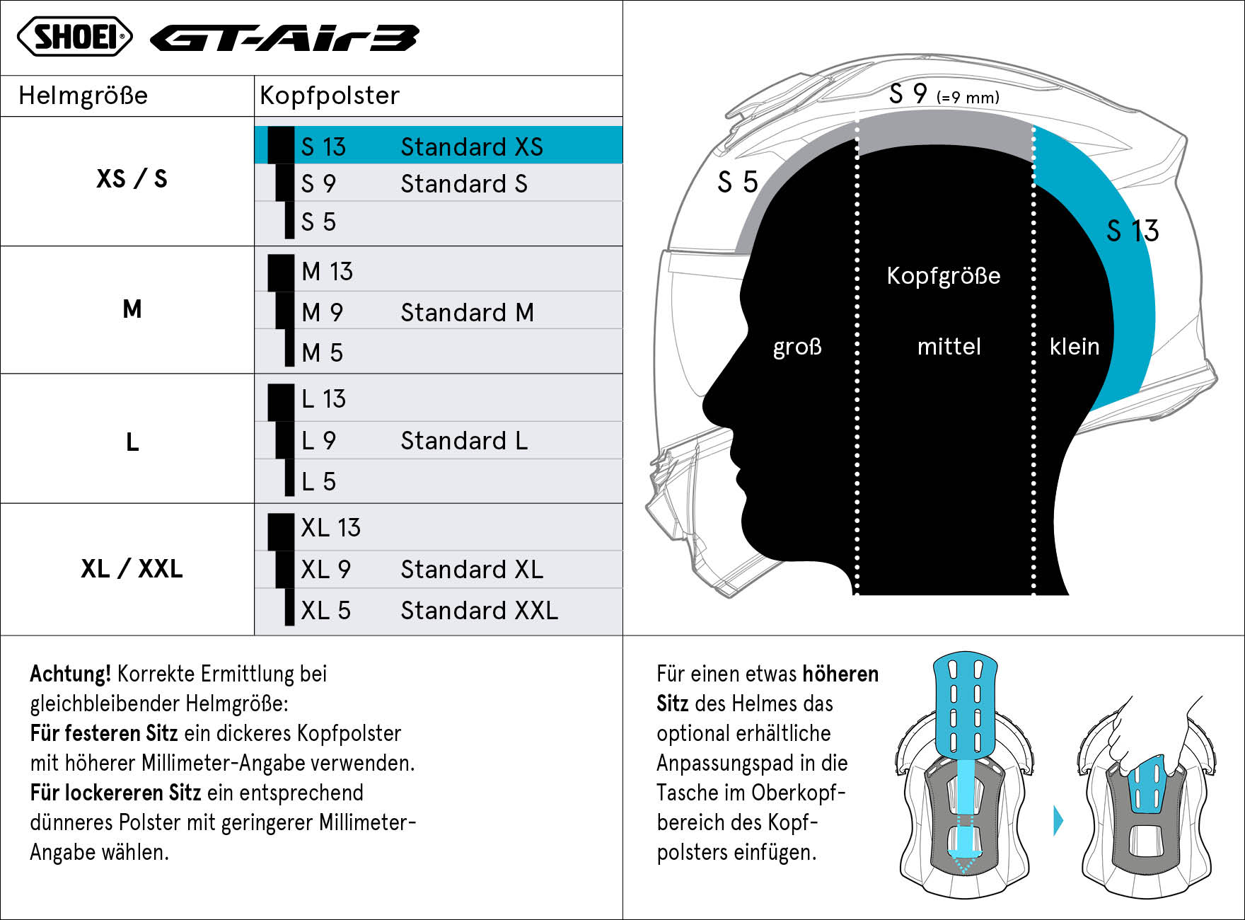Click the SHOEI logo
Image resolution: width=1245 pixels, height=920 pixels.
click(75, 37)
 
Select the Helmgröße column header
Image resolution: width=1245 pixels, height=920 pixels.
click(83, 96)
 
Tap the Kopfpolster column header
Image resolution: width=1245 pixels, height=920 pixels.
click(330, 96)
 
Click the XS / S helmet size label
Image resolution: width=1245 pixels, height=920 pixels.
click(132, 178)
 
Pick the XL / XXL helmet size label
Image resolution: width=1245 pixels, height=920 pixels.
click(132, 568)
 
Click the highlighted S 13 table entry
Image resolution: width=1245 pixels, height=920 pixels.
click(323, 146)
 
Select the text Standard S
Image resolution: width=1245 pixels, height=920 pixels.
click(464, 184)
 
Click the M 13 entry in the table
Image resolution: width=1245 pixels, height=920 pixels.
click(327, 271)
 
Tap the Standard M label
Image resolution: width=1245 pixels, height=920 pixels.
click(468, 312)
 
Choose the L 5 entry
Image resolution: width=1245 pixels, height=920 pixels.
click(318, 481)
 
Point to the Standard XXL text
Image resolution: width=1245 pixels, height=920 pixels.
click(480, 610)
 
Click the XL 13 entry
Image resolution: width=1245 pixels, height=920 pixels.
click(331, 527)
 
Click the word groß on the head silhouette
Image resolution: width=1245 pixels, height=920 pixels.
click(797, 347)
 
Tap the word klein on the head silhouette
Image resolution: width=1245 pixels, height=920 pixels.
click(1075, 346)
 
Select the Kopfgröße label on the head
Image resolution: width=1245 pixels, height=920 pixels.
click(944, 275)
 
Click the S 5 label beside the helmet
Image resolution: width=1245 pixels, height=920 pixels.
click(738, 182)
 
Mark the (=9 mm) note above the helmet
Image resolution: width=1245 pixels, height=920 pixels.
click(968, 97)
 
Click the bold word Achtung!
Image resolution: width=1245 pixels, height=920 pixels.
click(71, 674)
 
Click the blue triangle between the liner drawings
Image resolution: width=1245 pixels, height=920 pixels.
click(1058, 821)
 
